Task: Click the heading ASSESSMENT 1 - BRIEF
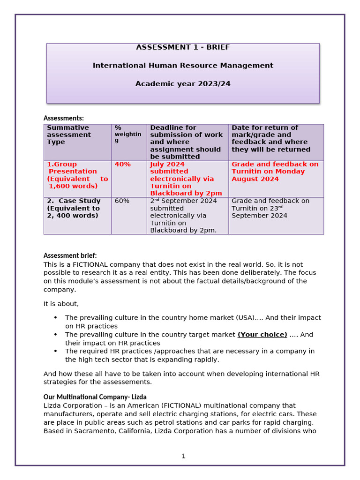[183, 47]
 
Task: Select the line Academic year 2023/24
[183, 84]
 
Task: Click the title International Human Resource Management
[183, 66]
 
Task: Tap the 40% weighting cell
[123, 165]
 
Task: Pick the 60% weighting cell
[122, 201]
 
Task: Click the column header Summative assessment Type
[68, 135]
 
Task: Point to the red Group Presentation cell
[77, 175]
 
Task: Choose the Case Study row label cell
[74, 208]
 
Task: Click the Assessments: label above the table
[64, 118]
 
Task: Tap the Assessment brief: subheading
[70, 255]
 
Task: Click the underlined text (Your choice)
[262, 335]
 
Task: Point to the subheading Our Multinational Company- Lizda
[95, 397]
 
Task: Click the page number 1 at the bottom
[184, 456]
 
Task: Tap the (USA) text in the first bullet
[243, 318]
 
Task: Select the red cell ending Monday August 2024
[275, 172]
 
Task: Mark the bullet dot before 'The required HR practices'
[55, 351]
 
